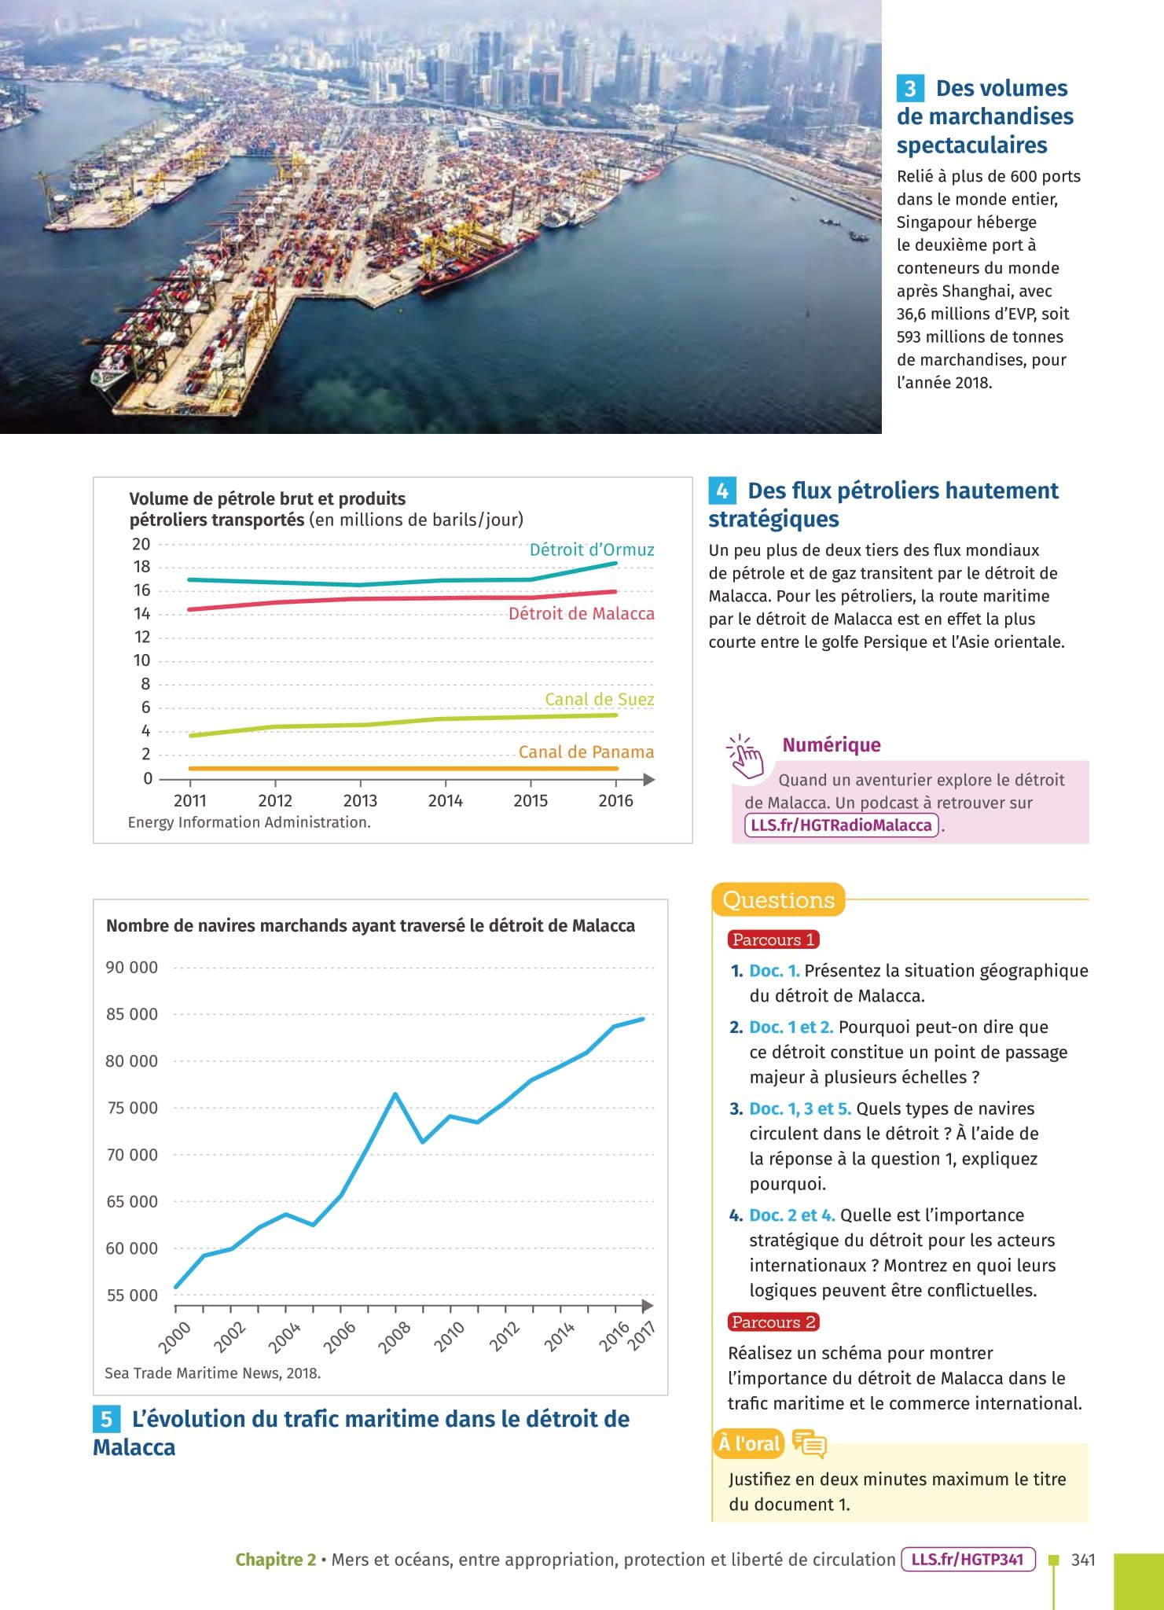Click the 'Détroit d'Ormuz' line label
[x=591, y=550]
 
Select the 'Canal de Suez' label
[x=599, y=699]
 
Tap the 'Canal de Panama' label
[x=586, y=752]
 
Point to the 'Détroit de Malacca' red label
[x=581, y=613]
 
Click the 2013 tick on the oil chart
[x=360, y=800]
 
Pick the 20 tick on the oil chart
[x=141, y=544]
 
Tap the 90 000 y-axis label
[x=132, y=968]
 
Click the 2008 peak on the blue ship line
[x=395, y=1094]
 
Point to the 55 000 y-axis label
[x=132, y=1295]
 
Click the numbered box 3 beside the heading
[x=910, y=88]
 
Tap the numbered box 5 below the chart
[x=107, y=1419]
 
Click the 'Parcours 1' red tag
[x=773, y=939]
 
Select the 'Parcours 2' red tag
[x=773, y=1322]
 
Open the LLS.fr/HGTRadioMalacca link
[x=841, y=825]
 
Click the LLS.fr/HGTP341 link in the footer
[x=968, y=1559]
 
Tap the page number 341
[x=1083, y=1560]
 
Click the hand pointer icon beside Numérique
[x=744, y=755]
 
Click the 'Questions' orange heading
[x=778, y=900]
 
